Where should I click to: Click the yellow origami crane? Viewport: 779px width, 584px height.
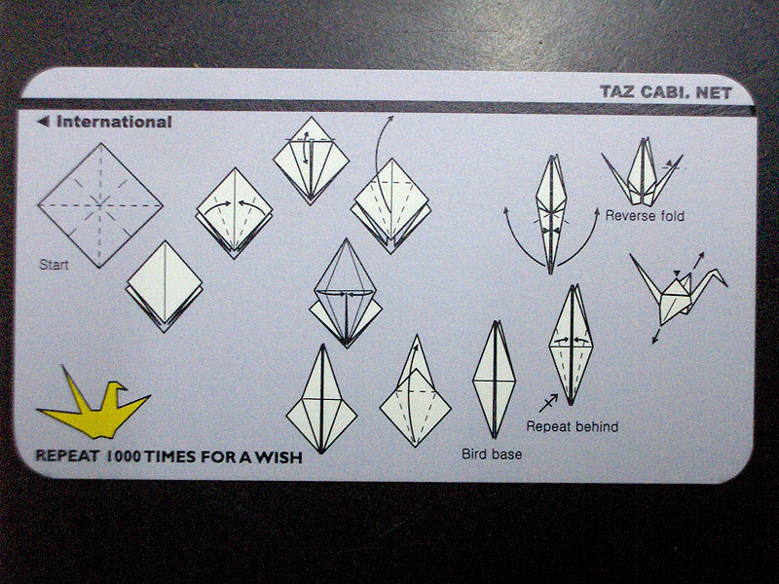point(94,412)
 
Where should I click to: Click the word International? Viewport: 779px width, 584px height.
point(114,123)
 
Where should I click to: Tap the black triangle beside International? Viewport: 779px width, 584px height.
point(44,121)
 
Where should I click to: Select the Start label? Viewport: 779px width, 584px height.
point(54,265)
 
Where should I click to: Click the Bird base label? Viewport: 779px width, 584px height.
point(492,455)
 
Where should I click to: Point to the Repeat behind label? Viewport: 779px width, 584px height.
point(573,426)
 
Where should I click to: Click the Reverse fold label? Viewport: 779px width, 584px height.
point(645,216)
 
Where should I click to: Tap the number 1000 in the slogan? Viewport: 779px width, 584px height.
point(124,456)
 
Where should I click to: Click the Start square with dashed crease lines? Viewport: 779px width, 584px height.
point(100,205)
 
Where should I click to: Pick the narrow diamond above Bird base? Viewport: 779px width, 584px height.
point(494,380)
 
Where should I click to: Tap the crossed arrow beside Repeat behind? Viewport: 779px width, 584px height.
point(548,403)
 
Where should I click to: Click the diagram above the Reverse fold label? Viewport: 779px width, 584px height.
point(642,172)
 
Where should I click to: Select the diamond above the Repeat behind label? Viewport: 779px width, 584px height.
point(572,345)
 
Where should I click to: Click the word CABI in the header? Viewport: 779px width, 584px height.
point(664,92)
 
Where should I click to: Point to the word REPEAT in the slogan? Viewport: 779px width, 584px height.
point(67,456)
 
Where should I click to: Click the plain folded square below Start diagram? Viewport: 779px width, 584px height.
point(165,286)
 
